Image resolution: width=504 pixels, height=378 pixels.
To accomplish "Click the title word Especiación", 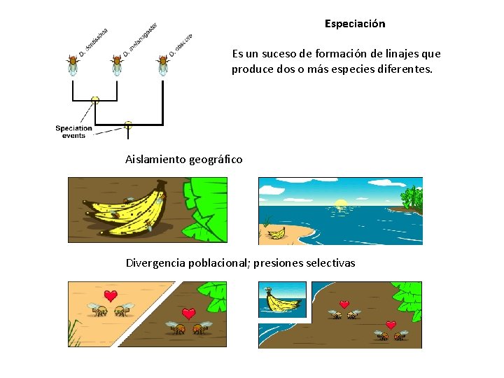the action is (355, 24).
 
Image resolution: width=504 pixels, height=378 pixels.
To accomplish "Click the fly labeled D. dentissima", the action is (73, 64).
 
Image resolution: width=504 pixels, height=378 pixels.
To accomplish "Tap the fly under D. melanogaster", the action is (117, 64).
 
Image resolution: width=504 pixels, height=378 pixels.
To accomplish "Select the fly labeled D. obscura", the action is (163, 64).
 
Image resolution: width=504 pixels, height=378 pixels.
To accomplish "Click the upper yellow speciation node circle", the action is (95, 100).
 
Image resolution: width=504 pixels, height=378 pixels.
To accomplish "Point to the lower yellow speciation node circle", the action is (127, 125).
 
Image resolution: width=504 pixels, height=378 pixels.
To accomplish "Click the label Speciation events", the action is (73, 132).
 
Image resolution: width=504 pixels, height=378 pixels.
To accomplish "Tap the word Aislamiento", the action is (155, 160).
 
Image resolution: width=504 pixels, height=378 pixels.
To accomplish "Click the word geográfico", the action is (216, 160).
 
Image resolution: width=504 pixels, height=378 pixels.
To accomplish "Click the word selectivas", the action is (330, 263).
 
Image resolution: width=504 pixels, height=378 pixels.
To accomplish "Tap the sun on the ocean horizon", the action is (341, 204).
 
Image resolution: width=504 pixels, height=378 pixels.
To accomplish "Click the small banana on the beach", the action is (274, 232).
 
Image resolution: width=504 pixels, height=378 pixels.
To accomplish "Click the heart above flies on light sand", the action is (110, 295).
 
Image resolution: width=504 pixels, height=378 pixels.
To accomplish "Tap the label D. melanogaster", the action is (141, 39).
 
